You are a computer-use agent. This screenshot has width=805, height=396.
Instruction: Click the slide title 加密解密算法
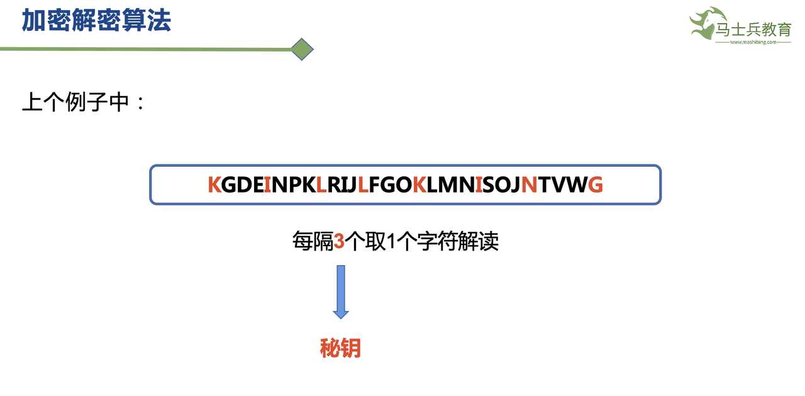coord(96,20)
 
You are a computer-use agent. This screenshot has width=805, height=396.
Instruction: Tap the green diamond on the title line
coord(303,49)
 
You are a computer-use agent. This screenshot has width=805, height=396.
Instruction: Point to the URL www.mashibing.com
coord(753,43)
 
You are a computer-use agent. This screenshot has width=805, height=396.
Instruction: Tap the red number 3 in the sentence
coord(339,241)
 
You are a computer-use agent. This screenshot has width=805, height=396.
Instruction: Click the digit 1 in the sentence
coord(393,241)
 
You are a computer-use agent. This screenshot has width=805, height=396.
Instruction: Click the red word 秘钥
coord(340,348)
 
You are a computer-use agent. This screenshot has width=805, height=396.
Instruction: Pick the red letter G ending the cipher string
coord(595,184)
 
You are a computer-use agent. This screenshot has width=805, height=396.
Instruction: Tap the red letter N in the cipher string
coord(529,184)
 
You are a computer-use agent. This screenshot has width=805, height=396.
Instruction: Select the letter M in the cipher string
coord(448,184)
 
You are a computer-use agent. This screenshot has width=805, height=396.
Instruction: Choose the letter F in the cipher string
coord(375,184)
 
